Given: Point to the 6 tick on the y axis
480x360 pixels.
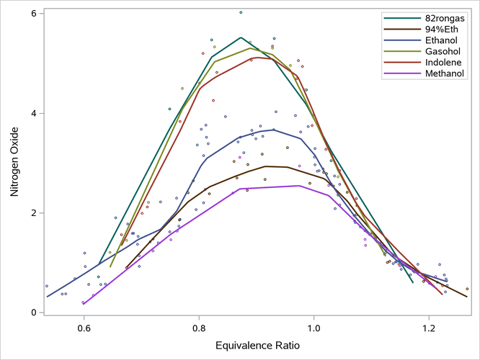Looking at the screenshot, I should (35, 14).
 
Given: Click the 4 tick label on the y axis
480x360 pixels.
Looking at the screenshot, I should (35, 113).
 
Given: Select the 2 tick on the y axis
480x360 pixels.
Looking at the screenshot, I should (35, 213).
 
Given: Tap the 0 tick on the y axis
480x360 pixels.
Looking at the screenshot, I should (35, 312).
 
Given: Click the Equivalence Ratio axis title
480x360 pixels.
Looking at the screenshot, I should (257, 346).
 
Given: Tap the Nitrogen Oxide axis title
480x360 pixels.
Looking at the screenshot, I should (14, 163).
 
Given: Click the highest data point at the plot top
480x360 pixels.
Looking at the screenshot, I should (241, 12).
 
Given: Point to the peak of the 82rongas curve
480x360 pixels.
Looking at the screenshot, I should (241, 37).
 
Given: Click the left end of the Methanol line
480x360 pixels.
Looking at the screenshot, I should (84, 303).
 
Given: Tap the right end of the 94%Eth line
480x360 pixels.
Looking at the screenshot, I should (467, 297).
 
